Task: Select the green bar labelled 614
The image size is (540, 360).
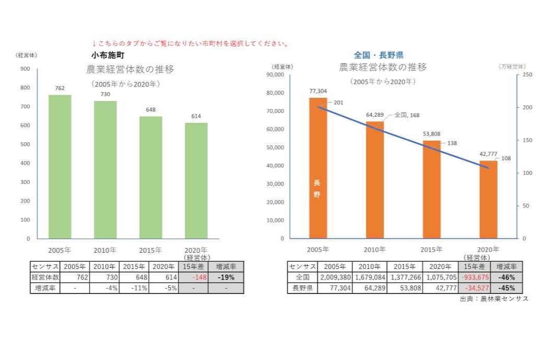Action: point(196,181)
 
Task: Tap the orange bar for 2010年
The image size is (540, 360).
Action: point(374,180)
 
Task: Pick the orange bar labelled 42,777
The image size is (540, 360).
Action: point(488,199)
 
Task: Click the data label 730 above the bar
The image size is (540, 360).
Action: point(105,94)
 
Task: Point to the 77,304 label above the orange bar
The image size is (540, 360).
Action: point(318,91)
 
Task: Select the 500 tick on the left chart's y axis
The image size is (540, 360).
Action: point(25,144)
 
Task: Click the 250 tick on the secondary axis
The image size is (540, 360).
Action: point(527,75)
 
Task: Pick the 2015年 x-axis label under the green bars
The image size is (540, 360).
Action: point(150,250)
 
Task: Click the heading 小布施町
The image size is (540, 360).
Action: point(107,54)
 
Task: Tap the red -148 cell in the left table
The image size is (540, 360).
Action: point(193,277)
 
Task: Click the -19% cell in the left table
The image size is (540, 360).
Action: point(226,277)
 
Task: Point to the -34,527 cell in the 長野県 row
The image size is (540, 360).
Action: point(474,288)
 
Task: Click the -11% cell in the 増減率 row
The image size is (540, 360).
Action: point(134,288)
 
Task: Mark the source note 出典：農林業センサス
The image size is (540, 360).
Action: point(494,299)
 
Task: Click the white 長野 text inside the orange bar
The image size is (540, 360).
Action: point(317,189)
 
